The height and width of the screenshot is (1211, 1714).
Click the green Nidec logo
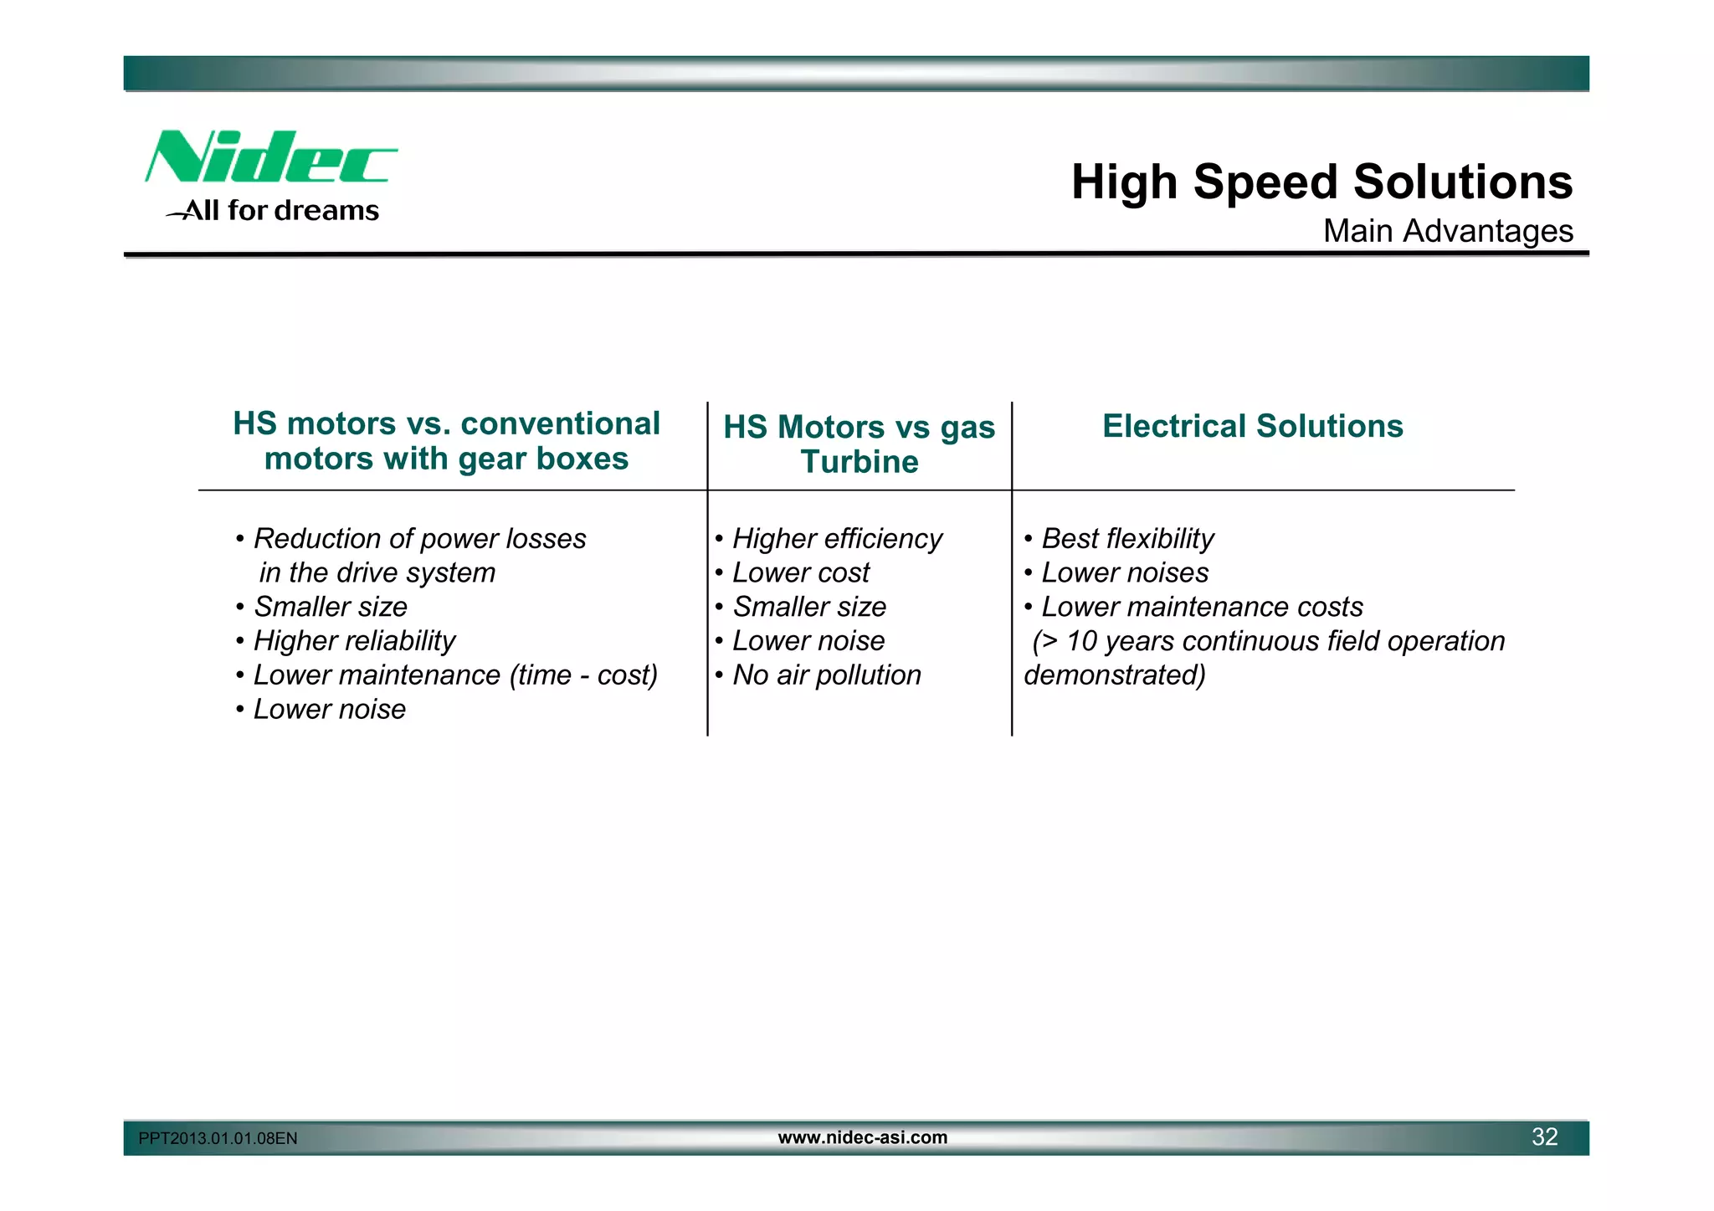269,157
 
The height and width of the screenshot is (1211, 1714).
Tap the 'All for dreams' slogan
280,210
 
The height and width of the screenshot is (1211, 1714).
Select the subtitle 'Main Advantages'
1447,231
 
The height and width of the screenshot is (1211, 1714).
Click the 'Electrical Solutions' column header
1252,426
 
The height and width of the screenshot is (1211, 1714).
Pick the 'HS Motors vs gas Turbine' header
859,444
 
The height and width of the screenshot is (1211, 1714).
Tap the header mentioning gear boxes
446,441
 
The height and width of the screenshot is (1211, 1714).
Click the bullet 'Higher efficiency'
836,538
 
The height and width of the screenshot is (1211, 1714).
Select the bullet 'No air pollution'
826,675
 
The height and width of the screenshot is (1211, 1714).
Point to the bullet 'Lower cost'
800,572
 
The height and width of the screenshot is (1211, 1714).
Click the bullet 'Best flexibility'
1126,538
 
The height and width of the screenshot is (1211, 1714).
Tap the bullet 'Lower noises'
1124,572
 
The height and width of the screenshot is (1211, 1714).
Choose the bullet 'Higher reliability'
353,640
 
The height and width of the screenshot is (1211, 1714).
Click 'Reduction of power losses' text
419,538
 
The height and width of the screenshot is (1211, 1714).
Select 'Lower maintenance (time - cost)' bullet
454,675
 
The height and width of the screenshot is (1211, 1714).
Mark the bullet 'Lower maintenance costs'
1201,607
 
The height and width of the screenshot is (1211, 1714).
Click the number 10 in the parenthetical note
1081,641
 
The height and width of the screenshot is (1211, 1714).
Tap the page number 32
1544,1137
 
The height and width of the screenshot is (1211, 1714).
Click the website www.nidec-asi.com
862,1137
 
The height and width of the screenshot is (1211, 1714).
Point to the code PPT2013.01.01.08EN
218,1138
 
